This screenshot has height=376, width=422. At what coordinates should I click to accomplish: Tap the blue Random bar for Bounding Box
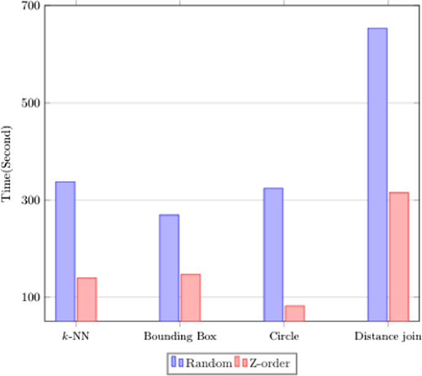click(169, 268)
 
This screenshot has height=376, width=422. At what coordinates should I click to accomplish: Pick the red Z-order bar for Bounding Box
click(190, 297)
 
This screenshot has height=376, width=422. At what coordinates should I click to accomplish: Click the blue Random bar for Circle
click(273, 254)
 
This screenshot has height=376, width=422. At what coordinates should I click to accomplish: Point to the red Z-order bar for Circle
click(294, 313)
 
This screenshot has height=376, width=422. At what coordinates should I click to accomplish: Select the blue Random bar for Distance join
click(377, 174)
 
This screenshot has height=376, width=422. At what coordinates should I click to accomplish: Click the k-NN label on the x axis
click(76, 337)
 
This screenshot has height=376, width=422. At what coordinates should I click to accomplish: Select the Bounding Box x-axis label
click(180, 337)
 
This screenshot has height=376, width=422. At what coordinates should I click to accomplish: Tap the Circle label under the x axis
click(284, 337)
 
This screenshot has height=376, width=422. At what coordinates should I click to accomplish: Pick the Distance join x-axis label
click(388, 337)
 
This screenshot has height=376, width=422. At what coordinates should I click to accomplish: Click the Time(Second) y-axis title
click(8, 165)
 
